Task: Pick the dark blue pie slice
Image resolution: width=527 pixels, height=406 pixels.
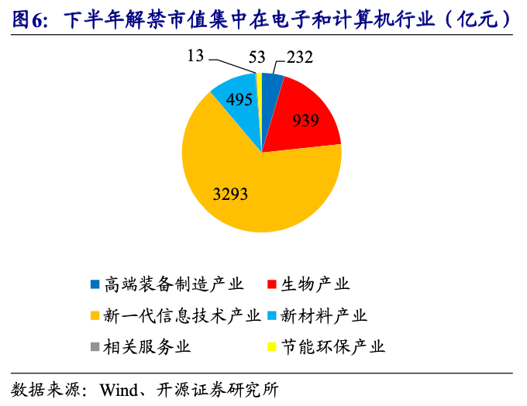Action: (270, 101)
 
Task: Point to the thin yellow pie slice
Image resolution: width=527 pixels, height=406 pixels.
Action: (259, 101)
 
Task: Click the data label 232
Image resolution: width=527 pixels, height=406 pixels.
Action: (300, 57)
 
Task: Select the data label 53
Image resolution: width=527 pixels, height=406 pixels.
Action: (257, 57)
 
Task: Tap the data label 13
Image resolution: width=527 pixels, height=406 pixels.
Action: (195, 56)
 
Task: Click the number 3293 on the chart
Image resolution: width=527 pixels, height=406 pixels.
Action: (231, 194)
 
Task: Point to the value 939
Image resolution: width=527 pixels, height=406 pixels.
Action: (305, 120)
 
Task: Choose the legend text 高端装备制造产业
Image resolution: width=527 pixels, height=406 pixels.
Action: (174, 284)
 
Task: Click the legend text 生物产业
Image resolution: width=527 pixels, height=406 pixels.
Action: (315, 284)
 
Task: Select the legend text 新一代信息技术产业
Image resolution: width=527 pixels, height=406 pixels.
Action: (182, 315)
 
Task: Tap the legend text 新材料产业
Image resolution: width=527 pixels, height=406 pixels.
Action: (324, 315)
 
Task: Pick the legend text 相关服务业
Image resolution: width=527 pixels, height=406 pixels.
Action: (147, 346)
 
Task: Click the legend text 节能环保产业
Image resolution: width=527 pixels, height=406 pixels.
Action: (332, 346)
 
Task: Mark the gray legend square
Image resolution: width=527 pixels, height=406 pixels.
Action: (95, 347)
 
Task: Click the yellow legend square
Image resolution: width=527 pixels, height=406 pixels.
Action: (271, 347)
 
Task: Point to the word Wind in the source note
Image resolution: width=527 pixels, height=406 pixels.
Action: (119, 391)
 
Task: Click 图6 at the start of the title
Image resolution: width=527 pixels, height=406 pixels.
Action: (28, 19)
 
